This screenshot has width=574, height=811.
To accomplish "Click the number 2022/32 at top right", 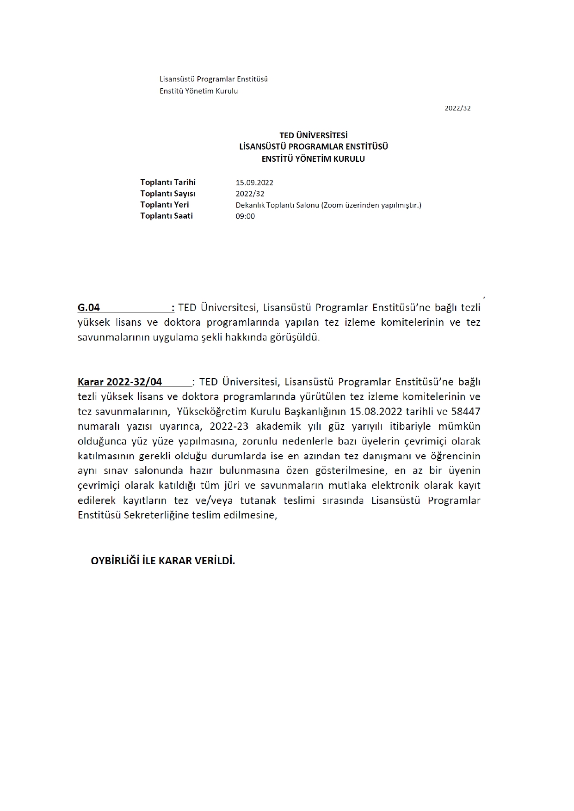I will tap(457, 108).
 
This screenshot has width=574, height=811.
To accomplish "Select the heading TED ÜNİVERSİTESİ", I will tap(313, 135).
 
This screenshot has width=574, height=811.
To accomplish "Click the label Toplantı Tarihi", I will tap(168, 182).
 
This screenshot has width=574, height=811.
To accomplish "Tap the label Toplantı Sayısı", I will tap(168, 194).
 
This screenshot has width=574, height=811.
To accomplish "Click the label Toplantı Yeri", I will tap(165, 205).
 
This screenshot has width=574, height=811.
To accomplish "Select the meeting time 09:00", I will tap(245, 216).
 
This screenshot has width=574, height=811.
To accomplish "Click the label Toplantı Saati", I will tap(167, 216).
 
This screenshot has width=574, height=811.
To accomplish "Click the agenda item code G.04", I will tap(89, 308).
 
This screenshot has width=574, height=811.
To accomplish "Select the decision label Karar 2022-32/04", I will tap(120, 382).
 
